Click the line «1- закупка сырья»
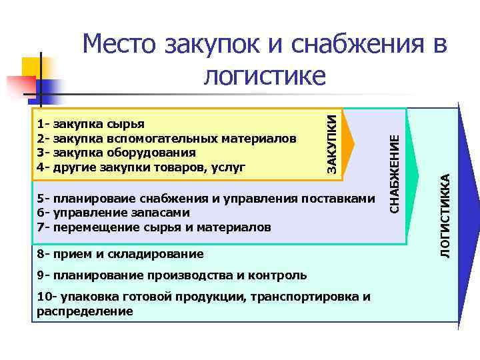90,123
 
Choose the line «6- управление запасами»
113,213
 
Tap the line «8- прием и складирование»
121,253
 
